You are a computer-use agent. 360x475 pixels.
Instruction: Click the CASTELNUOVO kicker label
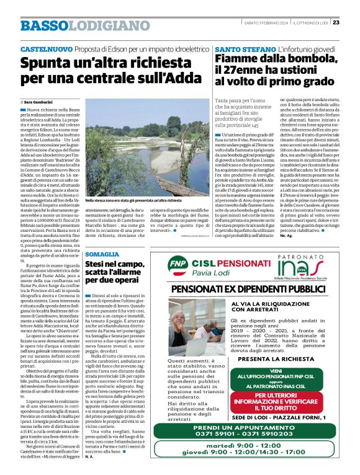click(46, 49)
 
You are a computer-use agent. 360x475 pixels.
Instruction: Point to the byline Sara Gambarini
click(40, 101)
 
